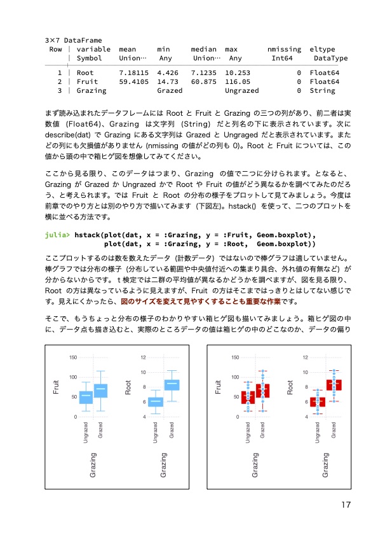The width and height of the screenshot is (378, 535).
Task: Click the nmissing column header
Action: [x=284, y=49]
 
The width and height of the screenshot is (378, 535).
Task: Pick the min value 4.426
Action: [x=167, y=73]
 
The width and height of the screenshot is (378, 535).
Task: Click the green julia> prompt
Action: [x=58, y=235]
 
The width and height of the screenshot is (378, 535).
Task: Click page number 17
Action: [x=346, y=505]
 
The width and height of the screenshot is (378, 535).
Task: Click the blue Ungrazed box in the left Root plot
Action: [x=156, y=401]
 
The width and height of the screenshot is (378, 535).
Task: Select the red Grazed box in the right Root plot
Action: [x=334, y=384]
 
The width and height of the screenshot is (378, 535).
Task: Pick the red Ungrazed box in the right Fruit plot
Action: [x=248, y=398]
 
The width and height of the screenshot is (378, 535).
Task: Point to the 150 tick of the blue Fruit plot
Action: [x=72, y=358]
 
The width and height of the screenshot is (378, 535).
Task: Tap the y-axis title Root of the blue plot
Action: [x=128, y=387]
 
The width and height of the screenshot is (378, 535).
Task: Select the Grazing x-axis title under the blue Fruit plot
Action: [x=93, y=464]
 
